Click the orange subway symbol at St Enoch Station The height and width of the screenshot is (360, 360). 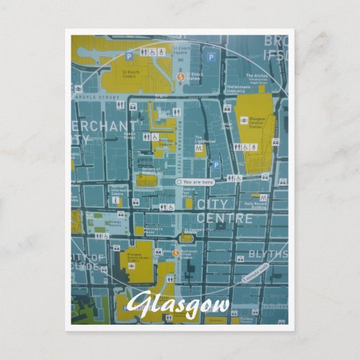180,77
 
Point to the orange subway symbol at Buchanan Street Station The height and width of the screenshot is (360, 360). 176,254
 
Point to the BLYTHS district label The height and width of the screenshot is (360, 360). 268,253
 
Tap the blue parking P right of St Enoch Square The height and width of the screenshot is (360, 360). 211,57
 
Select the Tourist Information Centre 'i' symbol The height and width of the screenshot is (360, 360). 117,200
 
